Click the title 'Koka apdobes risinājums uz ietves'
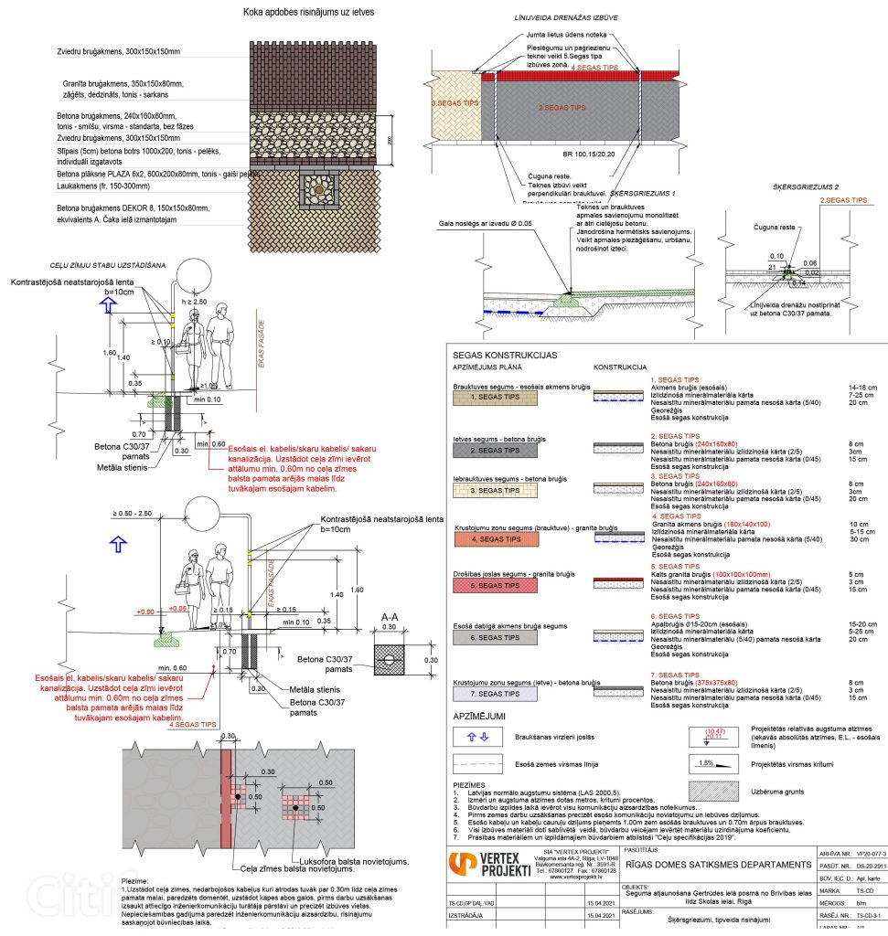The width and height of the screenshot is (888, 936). pos(295,13)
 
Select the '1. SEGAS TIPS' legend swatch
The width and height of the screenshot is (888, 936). pos(487,398)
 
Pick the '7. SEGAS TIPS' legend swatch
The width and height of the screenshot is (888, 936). pos(487,694)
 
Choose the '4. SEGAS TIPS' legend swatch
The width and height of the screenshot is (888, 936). pos(487,539)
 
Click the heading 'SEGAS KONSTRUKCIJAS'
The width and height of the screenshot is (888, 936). pos(504,355)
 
